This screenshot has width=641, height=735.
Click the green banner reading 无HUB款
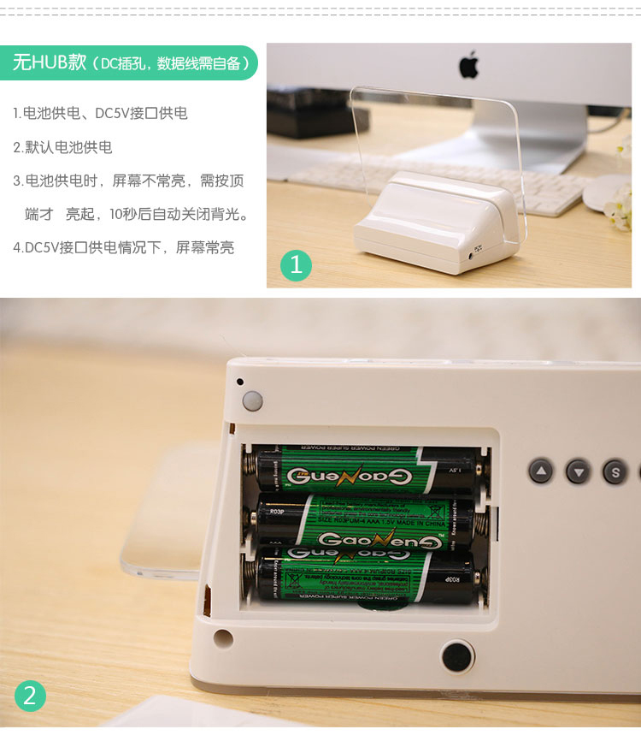click(128, 63)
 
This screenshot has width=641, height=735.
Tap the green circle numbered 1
click(296, 265)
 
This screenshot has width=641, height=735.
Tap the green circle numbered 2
click(29, 696)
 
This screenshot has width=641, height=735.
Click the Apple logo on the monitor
click(468, 65)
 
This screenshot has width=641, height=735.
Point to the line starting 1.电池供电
click(100, 113)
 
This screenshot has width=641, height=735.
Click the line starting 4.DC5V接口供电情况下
click(123, 247)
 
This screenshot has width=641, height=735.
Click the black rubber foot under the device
click(457, 656)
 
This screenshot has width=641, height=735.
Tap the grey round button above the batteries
click(252, 400)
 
